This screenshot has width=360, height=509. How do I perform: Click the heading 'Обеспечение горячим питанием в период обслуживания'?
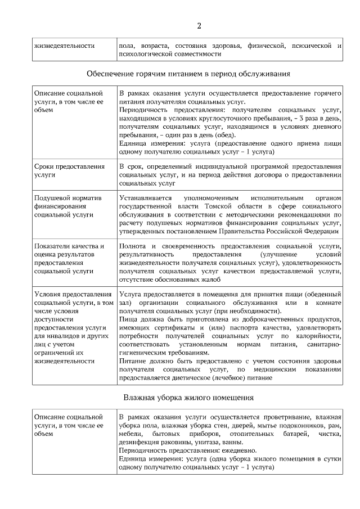[x=188, y=74]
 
